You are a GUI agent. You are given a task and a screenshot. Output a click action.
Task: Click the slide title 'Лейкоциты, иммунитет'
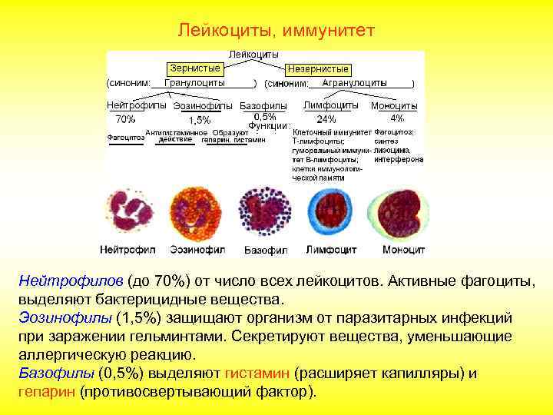(276, 30)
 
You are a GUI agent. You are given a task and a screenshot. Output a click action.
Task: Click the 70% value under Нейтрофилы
(125, 119)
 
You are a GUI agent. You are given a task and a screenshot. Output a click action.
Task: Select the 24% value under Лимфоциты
(326, 119)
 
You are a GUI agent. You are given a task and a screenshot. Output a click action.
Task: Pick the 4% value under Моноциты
(397, 118)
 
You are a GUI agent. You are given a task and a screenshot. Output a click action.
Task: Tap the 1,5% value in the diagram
(199, 120)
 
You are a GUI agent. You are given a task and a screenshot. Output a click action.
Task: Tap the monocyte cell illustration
(403, 213)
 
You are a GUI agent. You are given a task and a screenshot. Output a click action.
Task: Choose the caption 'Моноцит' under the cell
(403, 250)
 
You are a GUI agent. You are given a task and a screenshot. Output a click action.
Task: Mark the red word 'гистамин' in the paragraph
(257, 373)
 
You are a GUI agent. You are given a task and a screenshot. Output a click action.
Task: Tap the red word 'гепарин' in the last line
(47, 391)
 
